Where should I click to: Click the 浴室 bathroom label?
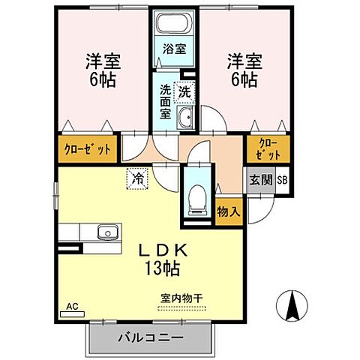175,50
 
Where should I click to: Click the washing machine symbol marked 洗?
184,92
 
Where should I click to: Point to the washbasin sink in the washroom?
185,117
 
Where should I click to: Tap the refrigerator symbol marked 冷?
138,178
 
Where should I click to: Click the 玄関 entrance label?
262,181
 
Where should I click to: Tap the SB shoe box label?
283,181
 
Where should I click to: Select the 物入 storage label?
229,211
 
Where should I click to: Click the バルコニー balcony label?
150,338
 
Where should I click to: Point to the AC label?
73,306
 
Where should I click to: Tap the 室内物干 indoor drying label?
181,298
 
